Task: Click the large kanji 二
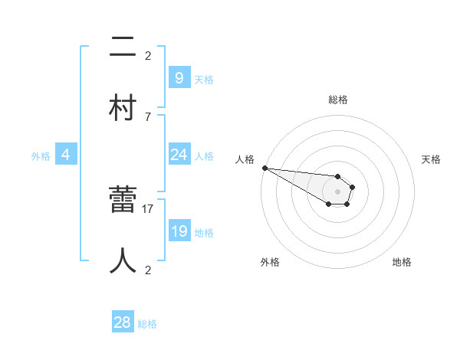point(123,48)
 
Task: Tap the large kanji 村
point(123,107)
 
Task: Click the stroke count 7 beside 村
point(148,116)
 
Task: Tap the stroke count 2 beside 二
point(148,55)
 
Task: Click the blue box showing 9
point(179,78)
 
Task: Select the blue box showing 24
point(179,155)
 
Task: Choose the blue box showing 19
point(179,231)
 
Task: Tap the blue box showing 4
point(66,155)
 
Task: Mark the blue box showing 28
point(123,322)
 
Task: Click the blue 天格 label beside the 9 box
point(204,80)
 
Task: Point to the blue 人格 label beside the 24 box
point(204,156)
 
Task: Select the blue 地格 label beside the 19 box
point(204,233)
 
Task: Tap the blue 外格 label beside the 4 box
point(41,156)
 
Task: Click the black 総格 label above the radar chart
point(337,100)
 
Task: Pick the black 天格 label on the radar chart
point(431,159)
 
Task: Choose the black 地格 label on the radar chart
point(402,262)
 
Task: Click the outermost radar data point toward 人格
point(264,168)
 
